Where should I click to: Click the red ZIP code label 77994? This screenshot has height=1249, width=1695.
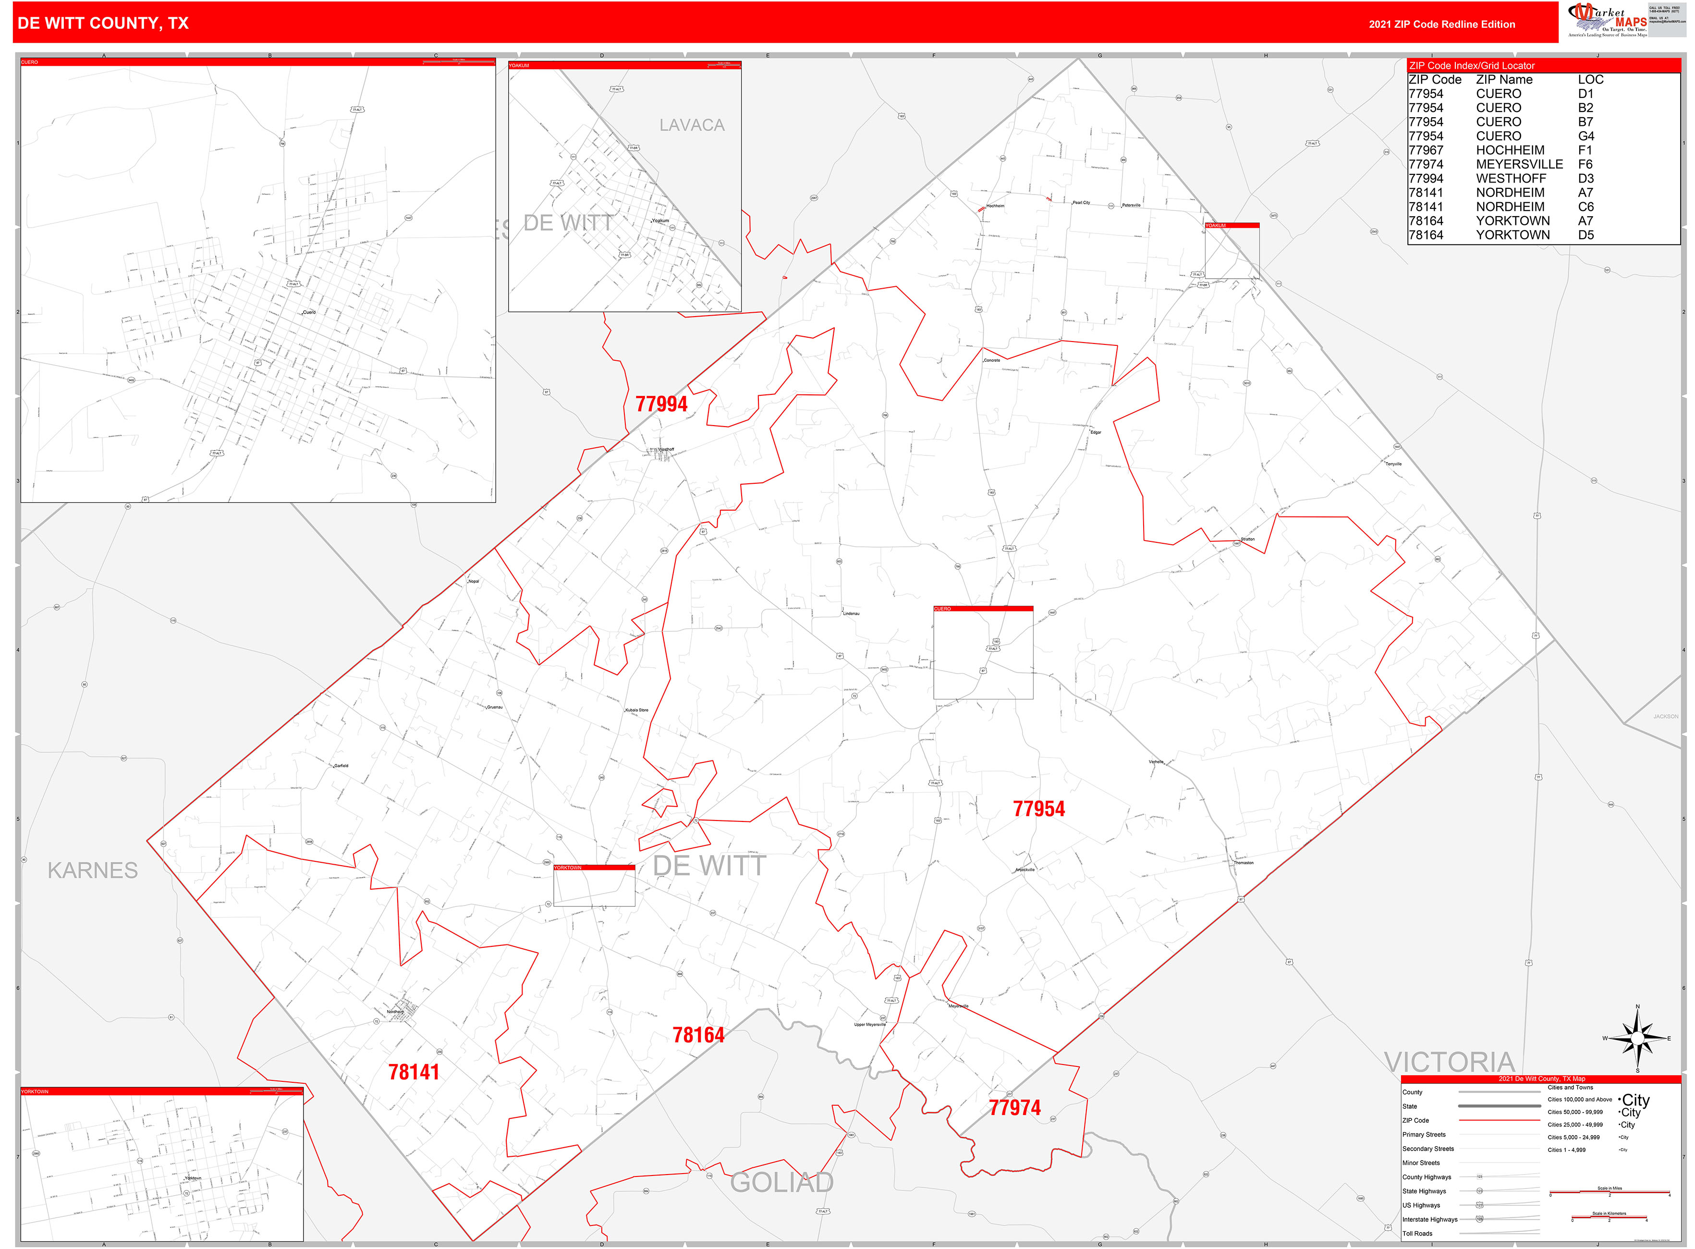click(x=661, y=404)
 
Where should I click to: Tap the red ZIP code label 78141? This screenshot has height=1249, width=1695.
click(x=414, y=1072)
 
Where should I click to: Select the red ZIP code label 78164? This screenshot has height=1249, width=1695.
click(x=698, y=1035)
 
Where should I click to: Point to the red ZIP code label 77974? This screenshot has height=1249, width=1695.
click(x=1014, y=1108)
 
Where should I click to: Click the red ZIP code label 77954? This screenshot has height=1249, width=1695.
click(x=1039, y=809)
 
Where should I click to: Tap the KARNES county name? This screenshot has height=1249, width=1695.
click(x=92, y=870)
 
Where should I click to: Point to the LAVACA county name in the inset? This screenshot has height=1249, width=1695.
click(x=692, y=125)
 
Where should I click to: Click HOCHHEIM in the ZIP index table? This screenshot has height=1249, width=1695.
click(x=1510, y=150)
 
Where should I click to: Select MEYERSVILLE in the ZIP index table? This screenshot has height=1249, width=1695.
click(x=1519, y=164)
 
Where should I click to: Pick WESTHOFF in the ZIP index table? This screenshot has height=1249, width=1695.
click(x=1511, y=178)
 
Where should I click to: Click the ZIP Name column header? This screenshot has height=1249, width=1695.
click(x=1504, y=79)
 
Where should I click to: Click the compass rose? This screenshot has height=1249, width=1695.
click(x=1637, y=1039)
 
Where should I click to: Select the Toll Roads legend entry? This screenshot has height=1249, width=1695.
click(x=1417, y=1234)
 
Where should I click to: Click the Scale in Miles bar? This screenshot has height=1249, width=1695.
click(x=1609, y=1192)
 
